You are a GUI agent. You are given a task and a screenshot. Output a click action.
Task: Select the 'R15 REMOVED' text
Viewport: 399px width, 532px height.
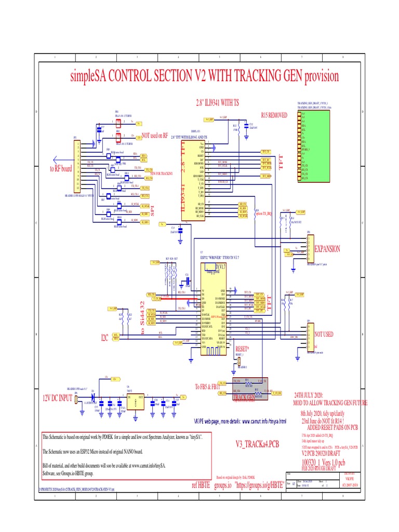pyautogui.click(x=274, y=115)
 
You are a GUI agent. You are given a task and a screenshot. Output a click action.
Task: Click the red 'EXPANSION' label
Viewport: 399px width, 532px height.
pyautogui.click(x=327, y=249)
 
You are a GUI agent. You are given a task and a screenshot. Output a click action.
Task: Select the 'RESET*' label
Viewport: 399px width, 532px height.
pyautogui.click(x=243, y=349)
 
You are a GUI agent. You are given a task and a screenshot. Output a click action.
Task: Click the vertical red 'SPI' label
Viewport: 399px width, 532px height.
pyautogui.click(x=153, y=210)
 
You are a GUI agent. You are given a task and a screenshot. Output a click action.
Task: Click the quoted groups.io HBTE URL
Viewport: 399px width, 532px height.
pyautogui.click(x=259, y=484)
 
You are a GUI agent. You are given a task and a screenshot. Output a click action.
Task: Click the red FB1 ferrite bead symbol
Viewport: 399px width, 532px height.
pyautogui.click(x=118, y=123)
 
